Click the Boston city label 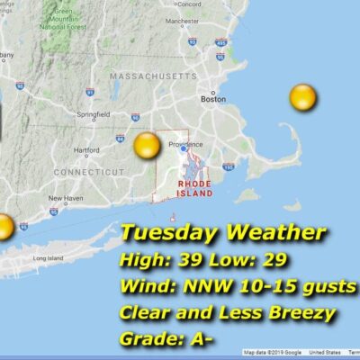coord(213,100)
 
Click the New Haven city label coord(64,198)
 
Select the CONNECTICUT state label coord(87,171)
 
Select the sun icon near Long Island coord(4,226)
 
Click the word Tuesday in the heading coord(169,233)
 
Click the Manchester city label coord(208,20)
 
